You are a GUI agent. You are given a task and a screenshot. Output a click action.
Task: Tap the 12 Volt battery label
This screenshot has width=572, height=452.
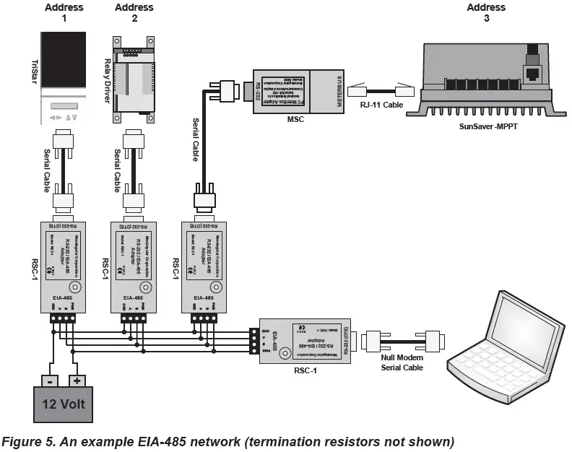tap(63, 403)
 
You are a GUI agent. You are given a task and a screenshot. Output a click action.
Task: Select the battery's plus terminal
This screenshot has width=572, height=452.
tap(78, 379)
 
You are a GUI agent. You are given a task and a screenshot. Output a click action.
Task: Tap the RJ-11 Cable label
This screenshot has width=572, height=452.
tap(378, 105)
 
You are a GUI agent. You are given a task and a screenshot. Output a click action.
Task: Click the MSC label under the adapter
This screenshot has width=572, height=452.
tap(295, 119)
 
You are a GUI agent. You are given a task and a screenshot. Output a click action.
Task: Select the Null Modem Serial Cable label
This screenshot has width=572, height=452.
tap(403, 362)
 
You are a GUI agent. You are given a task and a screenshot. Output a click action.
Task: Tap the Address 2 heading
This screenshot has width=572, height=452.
tap(134, 12)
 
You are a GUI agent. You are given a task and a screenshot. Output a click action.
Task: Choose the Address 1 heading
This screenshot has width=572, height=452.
tap(64, 12)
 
